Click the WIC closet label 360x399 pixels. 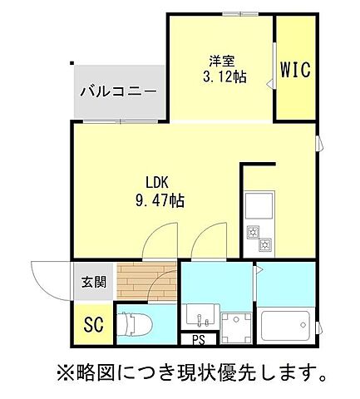pyautogui.click(x=294, y=70)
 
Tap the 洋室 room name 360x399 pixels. pyautogui.click(x=220, y=61)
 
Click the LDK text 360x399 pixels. pyautogui.click(x=159, y=184)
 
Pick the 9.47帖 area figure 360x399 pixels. pyautogui.click(x=160, y=201)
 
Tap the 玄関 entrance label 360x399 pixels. pyautogui.click(x=93, y=282)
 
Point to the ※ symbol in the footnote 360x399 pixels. pyautogui.click(x=64, y=369)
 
